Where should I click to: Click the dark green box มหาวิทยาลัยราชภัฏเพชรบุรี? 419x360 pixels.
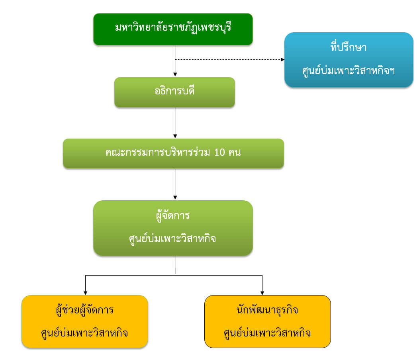[x=173, y=29]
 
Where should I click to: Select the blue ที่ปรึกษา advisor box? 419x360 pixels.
[x=349, y=60]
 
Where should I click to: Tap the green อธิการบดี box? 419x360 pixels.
[x=174, y=92]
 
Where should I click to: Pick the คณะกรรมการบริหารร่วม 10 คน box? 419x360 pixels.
[x=173, y=153]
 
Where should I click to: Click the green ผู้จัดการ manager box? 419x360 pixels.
[x=173, y=227]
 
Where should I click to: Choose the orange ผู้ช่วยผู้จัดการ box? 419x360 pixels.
[x=85, y=321]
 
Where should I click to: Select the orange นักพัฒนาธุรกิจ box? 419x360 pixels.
[x=267, y=321]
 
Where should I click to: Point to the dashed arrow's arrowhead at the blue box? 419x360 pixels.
[x=282, y=60]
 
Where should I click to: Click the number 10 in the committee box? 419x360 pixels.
[x=220, y=153]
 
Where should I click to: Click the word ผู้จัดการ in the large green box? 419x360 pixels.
[x=173, y=216]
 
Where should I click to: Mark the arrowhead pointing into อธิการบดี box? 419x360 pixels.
[x=175, y=74]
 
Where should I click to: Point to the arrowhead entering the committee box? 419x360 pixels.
[x=175, y=136]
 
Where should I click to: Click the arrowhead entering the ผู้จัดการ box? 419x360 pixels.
[x=175, y=198]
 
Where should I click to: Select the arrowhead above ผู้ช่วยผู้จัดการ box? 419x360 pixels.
[x=85, y=292]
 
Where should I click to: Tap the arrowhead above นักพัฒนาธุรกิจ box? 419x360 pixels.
[x=262, y=292]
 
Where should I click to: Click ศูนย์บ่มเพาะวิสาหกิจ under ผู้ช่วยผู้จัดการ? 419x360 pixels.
[x=84, y=333]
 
